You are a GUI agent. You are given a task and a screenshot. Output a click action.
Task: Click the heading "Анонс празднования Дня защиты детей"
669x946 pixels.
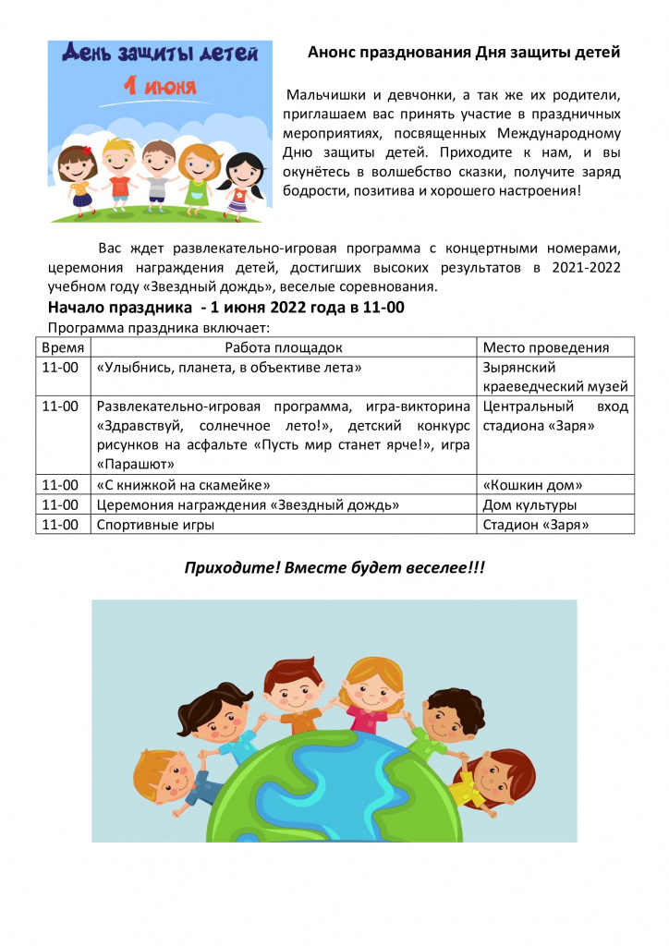pos(463,54)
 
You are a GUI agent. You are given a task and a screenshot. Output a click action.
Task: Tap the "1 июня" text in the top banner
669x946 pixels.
pos(161,89)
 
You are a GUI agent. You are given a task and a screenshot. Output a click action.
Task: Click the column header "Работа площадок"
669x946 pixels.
pos(284,347)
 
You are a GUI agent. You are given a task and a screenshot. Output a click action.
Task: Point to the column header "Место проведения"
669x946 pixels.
pos(545,347)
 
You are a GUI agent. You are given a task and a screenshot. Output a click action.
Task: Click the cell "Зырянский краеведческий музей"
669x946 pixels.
pos(554,377)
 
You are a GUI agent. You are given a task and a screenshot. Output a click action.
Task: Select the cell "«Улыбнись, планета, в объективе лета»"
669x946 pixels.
pos(228,368)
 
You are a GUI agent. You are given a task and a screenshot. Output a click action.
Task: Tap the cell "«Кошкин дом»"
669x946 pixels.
pos(533,485)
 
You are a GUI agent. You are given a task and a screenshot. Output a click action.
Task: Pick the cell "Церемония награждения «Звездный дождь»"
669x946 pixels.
pos(248,505)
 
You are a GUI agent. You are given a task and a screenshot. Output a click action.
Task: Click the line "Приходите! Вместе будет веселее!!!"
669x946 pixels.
pos(334,567)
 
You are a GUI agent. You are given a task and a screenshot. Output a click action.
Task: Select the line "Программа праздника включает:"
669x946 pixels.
pos(157,328)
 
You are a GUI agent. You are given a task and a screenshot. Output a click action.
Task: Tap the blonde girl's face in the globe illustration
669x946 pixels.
pos(373,685)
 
